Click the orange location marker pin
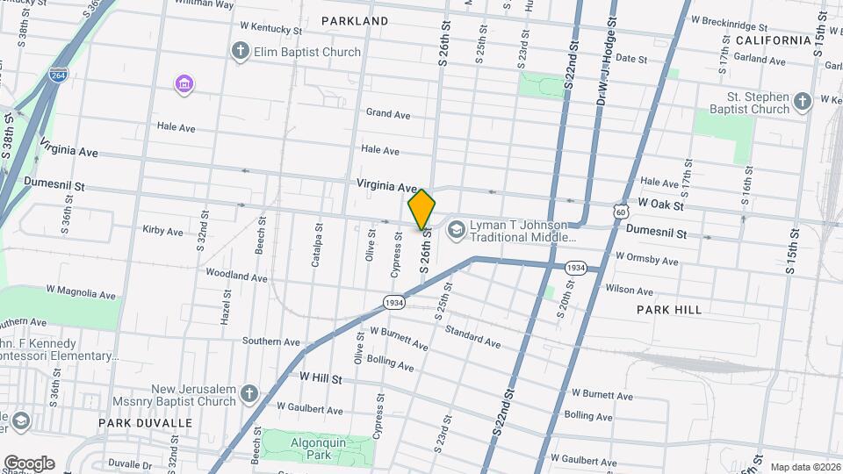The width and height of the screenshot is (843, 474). pos(421,210)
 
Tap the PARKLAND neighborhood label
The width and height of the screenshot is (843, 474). pos(355,20)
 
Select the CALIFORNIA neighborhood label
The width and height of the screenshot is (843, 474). pos(773,40)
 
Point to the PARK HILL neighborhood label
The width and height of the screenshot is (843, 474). pos(669,310)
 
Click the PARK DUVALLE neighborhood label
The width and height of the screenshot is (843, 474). pos(145,423)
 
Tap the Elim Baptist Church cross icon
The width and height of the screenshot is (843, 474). pos(240,52)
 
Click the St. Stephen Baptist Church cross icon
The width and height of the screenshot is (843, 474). pos(801,103)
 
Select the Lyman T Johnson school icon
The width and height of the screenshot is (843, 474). pos(456,231)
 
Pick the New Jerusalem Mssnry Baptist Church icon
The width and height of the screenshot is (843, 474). pos(250,394)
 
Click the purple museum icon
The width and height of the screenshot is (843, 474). pos(184,84)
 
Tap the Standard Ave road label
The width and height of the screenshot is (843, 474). pos(472,335)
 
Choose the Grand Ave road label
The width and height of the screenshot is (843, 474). pos(388,114)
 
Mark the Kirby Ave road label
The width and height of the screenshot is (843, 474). pos(162,232)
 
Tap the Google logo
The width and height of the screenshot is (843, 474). pos(29,463)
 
